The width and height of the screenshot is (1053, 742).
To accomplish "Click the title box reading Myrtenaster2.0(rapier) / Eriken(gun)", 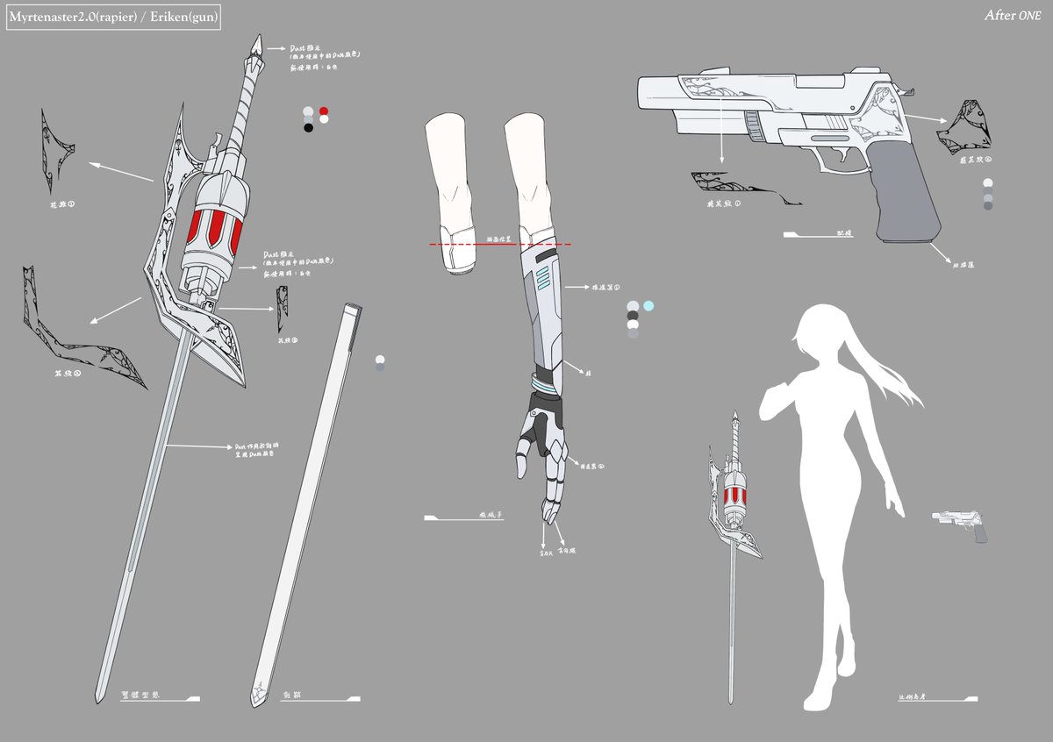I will (x=113, y=18).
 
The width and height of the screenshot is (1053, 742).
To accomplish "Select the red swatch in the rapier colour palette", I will (x=324, y=112).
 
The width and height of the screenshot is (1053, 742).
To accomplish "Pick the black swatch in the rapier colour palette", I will (x=308, y=127).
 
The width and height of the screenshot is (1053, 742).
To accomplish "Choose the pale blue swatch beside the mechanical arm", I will (x=648, y=306).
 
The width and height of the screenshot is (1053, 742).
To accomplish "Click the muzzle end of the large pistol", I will (x=643, y=92).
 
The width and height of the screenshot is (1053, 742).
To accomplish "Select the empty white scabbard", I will (x=307, y=500).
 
